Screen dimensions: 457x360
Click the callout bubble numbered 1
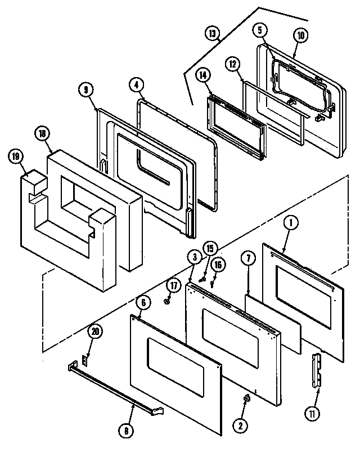[292, 223]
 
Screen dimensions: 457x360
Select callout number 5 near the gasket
[260, 29]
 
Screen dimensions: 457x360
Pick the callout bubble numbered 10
[300, 35]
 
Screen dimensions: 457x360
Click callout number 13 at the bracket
[212, 34]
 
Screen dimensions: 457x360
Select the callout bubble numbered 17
[173, 285]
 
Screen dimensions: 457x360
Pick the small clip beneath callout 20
[86, 359]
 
